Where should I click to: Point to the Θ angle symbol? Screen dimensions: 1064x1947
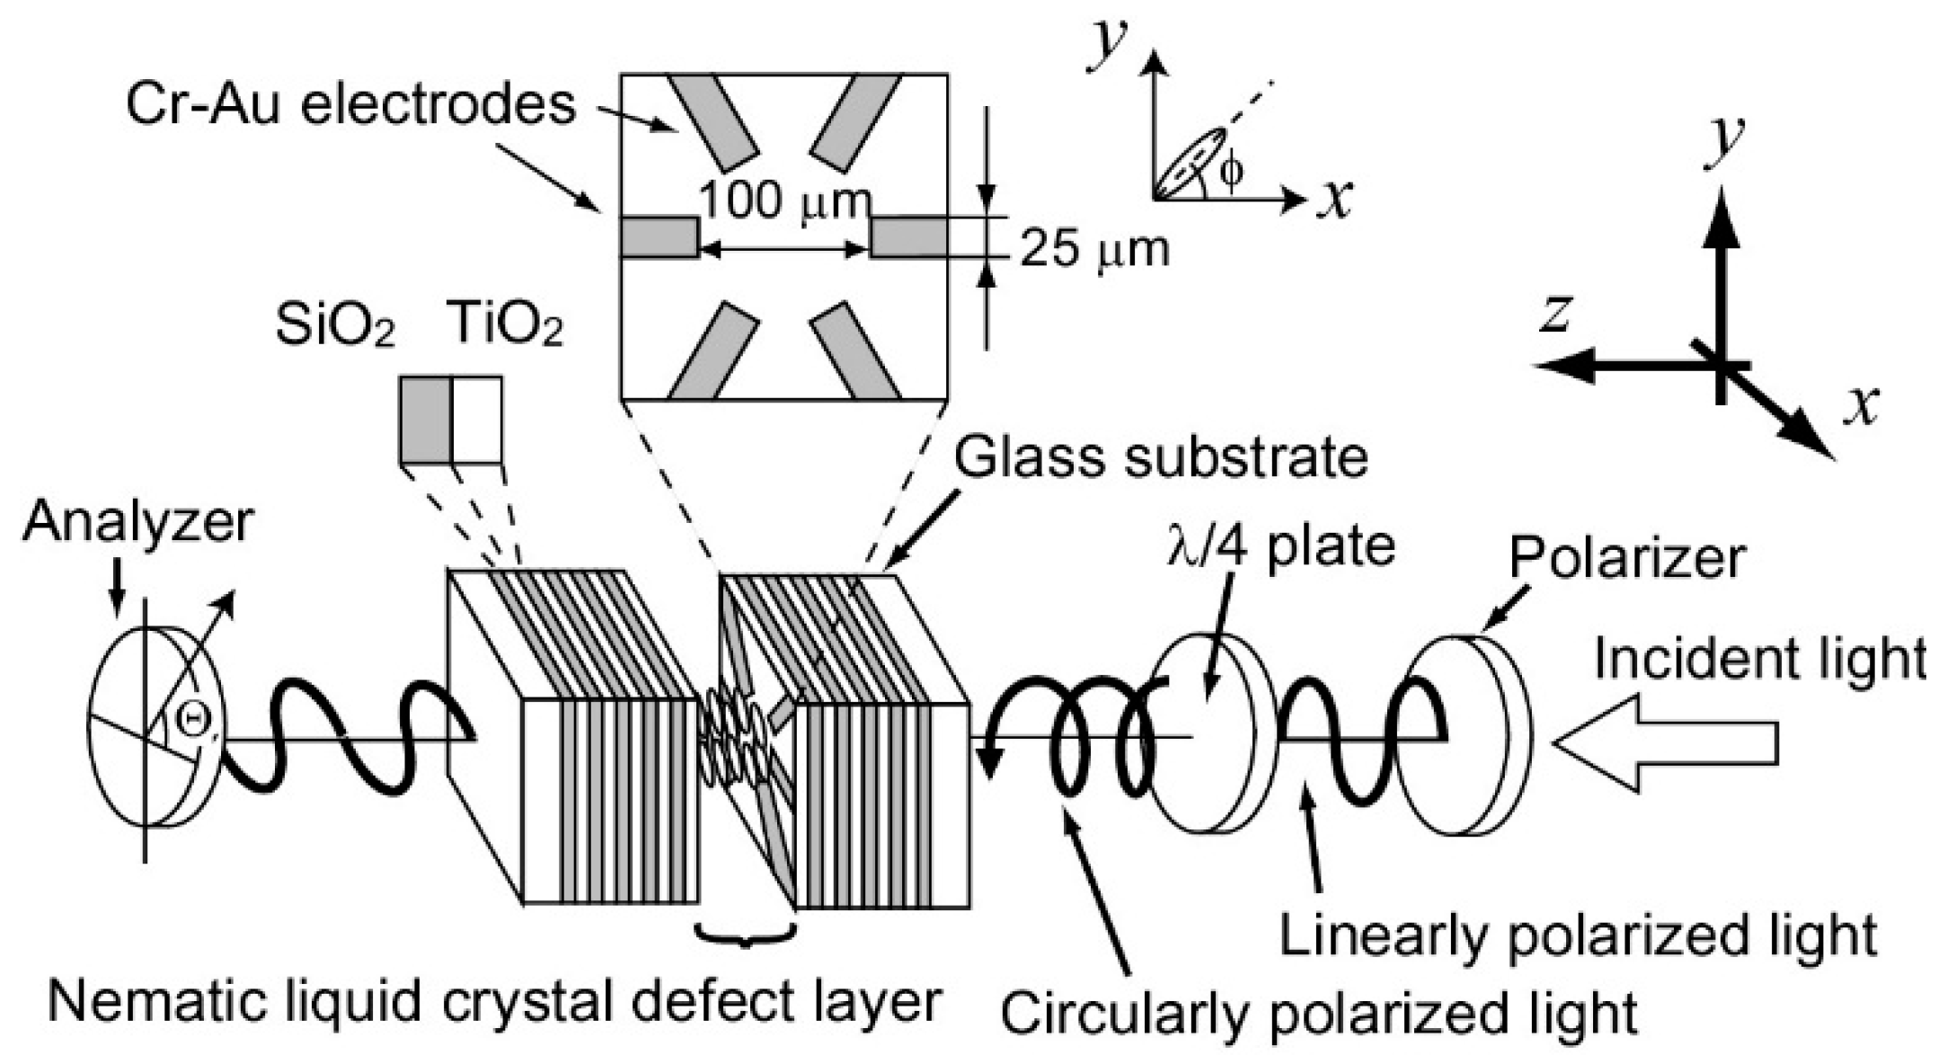tap(190, 719)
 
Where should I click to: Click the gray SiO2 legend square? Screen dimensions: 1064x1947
tap(425, 420)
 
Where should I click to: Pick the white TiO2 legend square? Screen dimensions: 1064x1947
tap(476, 420)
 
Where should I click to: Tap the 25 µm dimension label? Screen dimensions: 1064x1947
tap(1094, 249)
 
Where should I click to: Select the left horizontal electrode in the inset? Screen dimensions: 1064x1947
tap(659, 237)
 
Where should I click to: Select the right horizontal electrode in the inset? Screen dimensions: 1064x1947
tap(907, 237)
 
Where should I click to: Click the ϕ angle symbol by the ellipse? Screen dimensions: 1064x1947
tap(1231, 171)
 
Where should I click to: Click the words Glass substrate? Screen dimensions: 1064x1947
tap(1159, 458)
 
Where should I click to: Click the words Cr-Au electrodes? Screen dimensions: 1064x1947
tap(350, 105)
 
